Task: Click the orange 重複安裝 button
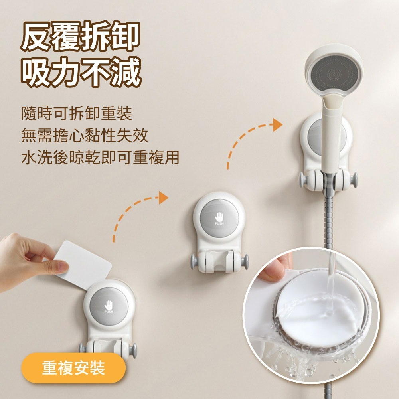coord(73,368)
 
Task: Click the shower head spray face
coord(334,74)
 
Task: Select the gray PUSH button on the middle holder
coord(219,218)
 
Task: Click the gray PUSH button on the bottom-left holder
coord(109,306)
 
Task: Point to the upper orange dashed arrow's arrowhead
coord(277,125)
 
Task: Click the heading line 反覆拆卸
coord(81,36)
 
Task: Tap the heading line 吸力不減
coord(81,72)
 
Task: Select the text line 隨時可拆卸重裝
coord(77,113)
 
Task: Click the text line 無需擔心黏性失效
coord(85,135)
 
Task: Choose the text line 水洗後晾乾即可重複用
coord(100,157)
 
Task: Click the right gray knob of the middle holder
coord(246,261)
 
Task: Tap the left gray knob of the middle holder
coord(194,261)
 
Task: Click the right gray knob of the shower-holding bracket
coord(354,180)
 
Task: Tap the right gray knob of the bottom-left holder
coord(133,351)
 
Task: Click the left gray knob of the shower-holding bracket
coord(302,180)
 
